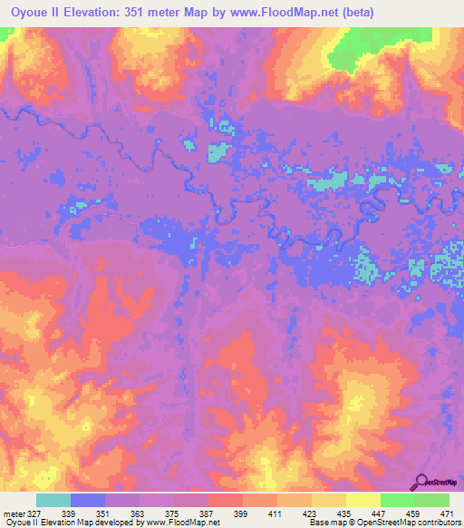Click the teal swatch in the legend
point(53,500)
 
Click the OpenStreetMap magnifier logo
point(422,483)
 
